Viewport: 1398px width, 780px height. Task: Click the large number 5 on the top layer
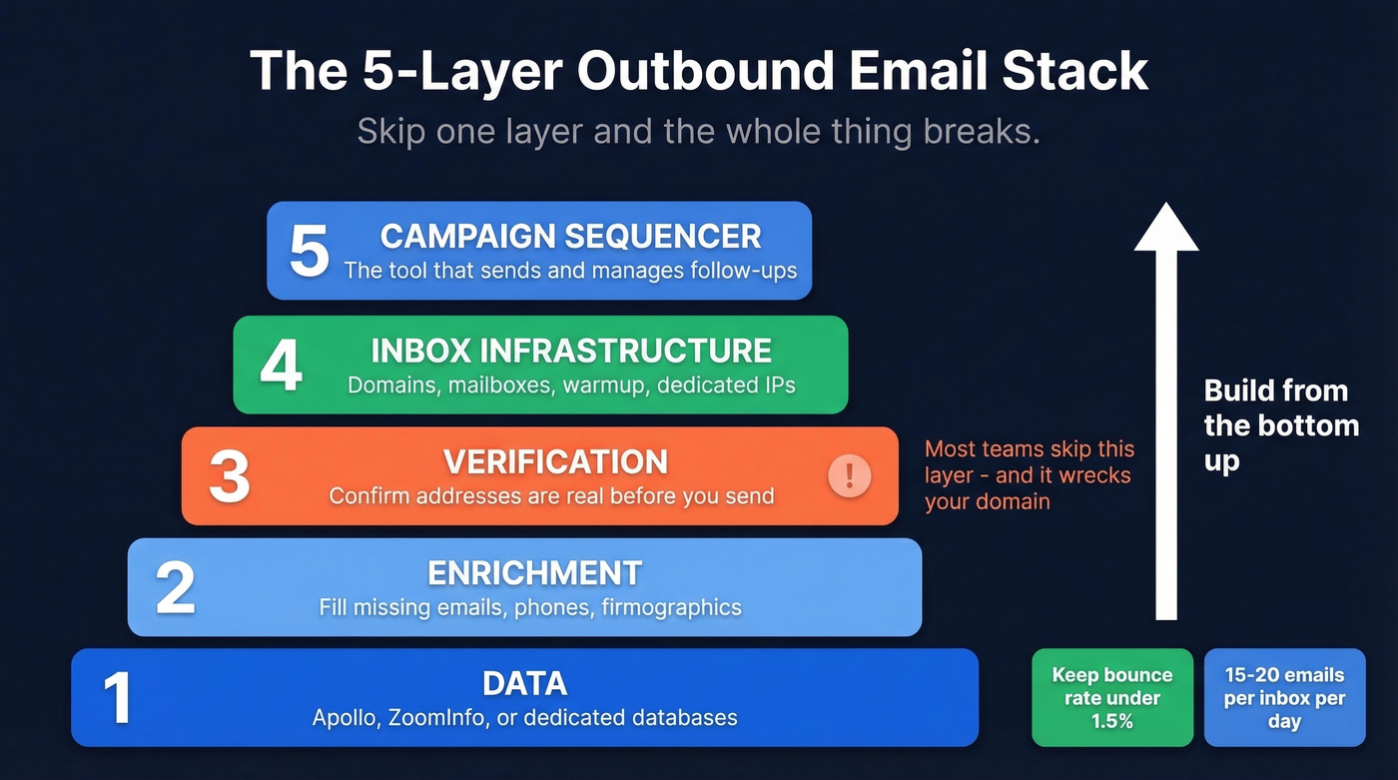[x=309, y=251]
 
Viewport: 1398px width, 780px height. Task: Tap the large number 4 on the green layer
[x=281, y=365]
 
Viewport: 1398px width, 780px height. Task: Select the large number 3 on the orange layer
[x=229, y=476]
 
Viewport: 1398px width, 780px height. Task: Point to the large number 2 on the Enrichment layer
[x=176, y=587]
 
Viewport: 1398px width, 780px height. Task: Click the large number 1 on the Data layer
[x=118, y=697]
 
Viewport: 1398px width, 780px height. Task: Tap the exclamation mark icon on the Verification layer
[x=850, y=475]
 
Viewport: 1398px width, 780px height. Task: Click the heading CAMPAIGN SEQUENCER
[x=570, y=237]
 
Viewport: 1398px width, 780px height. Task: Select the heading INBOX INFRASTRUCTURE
[x=570, y=351]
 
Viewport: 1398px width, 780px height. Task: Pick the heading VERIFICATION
[x=555, y=462]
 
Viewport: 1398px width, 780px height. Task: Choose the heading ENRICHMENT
[x=534, y=573]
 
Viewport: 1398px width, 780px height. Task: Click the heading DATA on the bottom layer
[x=524, y=684]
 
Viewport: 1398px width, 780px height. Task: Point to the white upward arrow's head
[x=1166, y=228]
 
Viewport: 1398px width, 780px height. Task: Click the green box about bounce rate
[x=1111, y=698]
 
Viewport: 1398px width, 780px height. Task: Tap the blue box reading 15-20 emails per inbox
[x=1284, y=698]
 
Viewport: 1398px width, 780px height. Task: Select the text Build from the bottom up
[x=1280, y=425]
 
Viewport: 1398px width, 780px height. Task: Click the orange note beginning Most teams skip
[x=1029, y=475]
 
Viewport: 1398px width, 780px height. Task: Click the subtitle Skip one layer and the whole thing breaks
[x=698, y=132]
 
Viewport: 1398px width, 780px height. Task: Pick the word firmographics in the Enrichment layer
[x=671, y=606]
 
